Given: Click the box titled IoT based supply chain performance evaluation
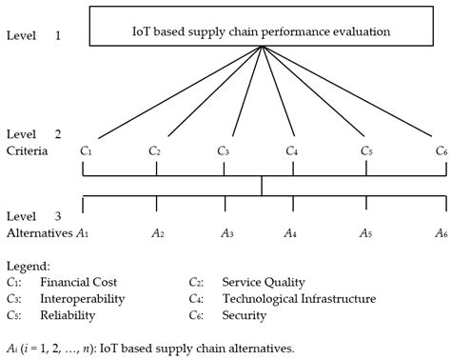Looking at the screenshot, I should click(261, 32).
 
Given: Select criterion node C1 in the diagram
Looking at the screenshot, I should click(85, 150).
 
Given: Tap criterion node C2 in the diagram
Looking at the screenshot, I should click(155, 150).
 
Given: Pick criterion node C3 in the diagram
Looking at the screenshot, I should click(225, 150).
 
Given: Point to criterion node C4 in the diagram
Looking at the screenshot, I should click(293, 150).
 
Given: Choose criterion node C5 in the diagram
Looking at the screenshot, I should click(365, 150).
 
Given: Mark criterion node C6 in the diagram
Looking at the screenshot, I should click(441, 150).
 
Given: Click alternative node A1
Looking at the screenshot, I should click(83, 232).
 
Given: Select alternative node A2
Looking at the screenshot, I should click(157, 232).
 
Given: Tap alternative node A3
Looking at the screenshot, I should click(226, 232).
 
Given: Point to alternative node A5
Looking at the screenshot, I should click(366, 232).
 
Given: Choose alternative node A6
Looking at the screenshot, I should click(441, 232).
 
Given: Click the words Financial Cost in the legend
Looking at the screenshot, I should click(77, 282).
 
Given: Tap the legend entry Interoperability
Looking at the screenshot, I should click(81, 298).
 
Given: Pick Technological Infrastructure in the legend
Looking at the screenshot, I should click(298, 298).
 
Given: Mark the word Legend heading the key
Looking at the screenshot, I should click(29, 266).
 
